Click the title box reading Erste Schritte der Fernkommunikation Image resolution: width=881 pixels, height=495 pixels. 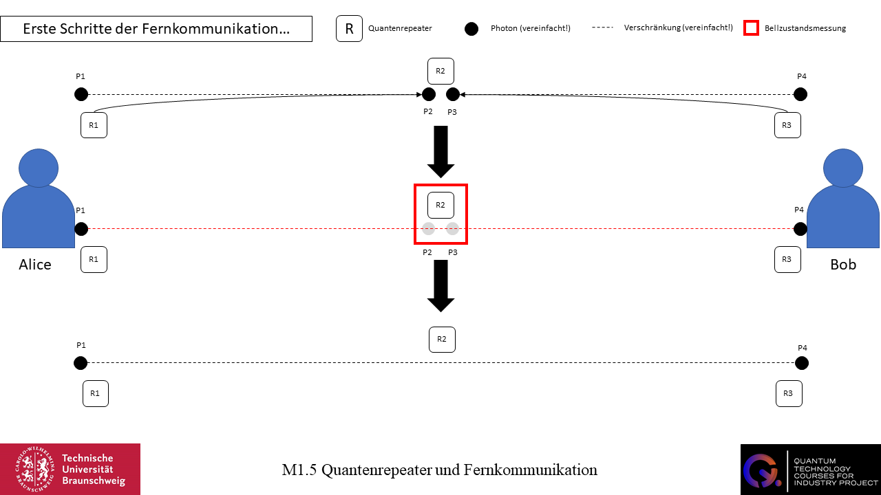point(156,29)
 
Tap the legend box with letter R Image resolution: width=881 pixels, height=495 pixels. point(349,29)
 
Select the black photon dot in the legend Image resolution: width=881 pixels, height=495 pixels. point(471,29)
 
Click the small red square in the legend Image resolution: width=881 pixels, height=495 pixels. point(752,28)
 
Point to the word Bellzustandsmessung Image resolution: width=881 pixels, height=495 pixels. point(805,29)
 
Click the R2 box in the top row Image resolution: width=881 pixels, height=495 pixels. point(440,71)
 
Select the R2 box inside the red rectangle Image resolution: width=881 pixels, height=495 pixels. point(440,205)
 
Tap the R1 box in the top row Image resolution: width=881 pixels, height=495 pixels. point(94,125)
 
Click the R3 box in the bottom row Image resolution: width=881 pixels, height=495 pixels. point(788,393)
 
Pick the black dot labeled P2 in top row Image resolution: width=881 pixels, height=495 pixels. point(428,94)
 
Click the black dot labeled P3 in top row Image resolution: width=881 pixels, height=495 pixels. point(452,94)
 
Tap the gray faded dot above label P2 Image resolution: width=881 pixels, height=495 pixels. point(428,229)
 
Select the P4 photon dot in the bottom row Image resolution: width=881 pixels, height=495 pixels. point(800,363)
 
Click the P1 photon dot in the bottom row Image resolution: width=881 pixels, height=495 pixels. point(81,363)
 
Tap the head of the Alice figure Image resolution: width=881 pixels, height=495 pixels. point(39,168)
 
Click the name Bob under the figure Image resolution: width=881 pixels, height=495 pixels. point(843,265)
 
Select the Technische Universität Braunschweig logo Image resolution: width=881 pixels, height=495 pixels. point(70,469)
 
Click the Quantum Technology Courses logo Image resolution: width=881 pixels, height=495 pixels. point(810,469)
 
